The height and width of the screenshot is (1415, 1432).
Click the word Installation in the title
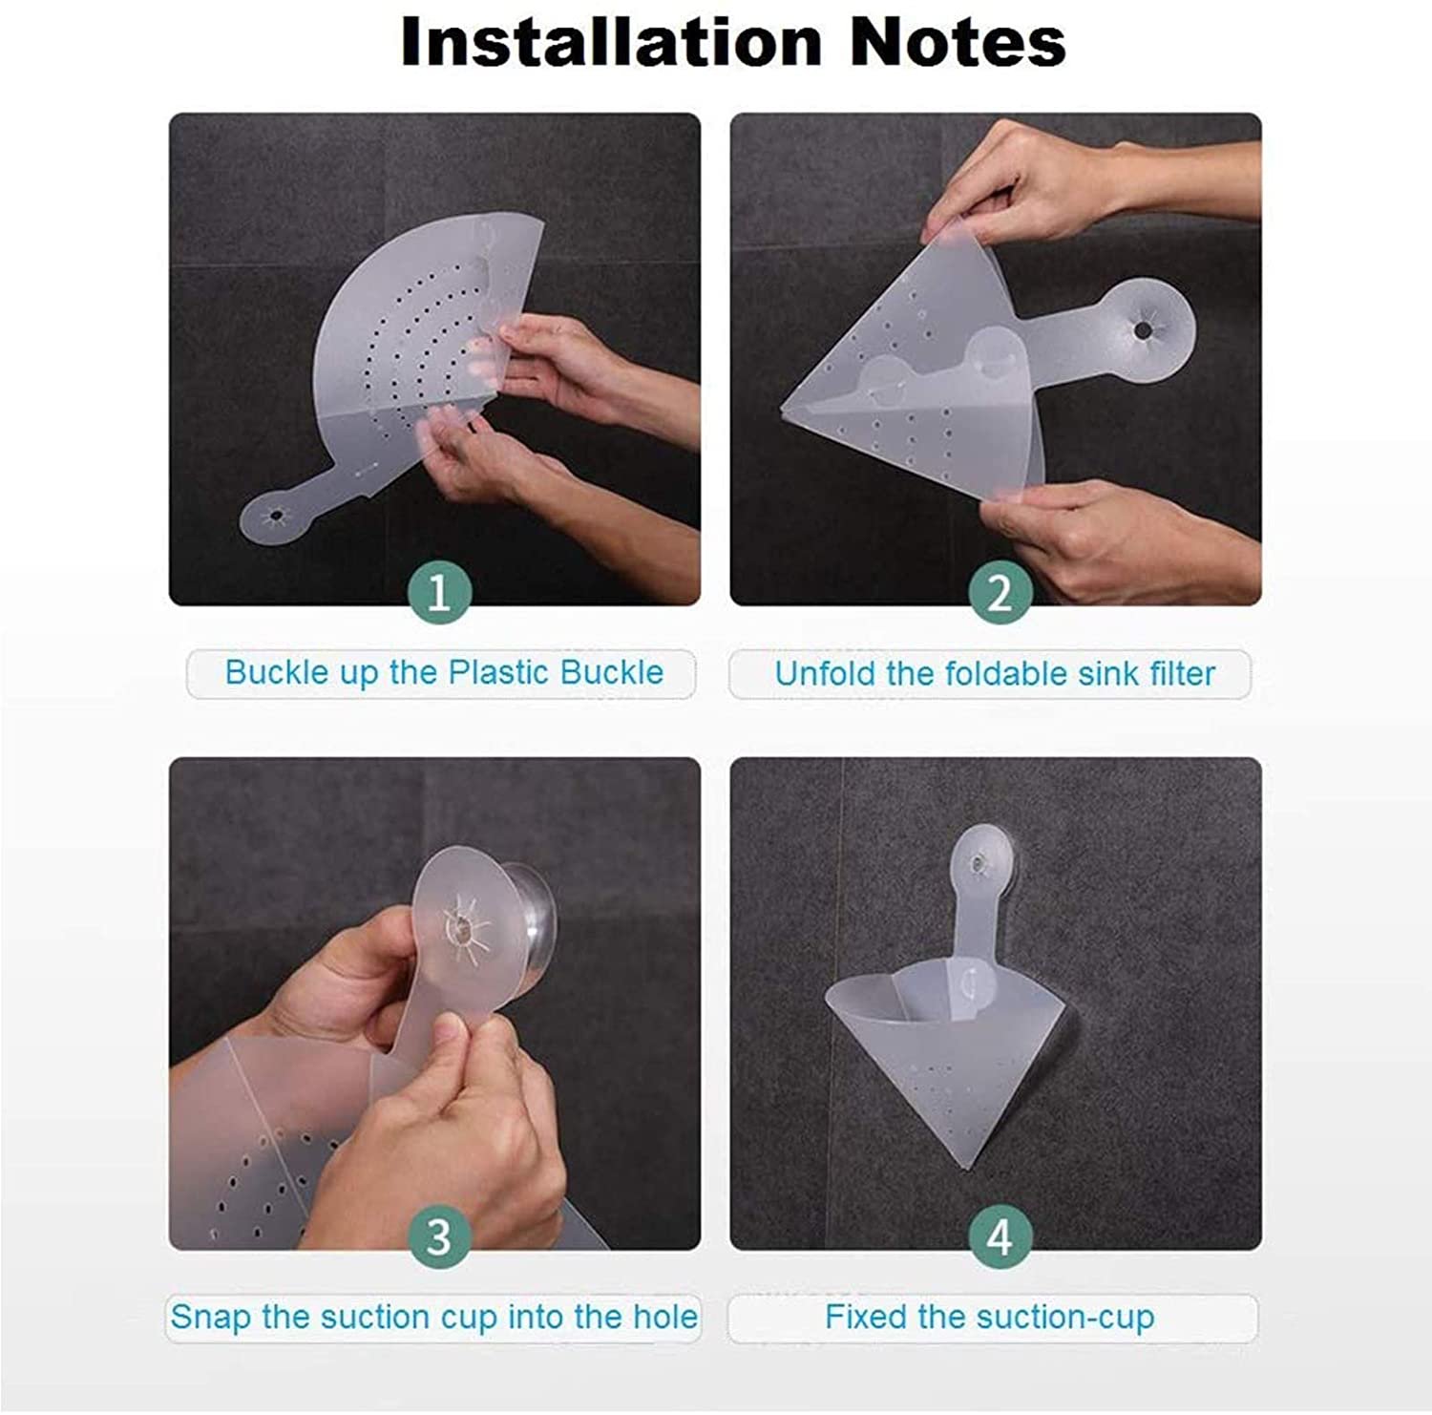tap(611, 42)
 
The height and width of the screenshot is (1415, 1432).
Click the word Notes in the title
tap(958, 42)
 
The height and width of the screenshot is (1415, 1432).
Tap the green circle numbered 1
tap(438, 592)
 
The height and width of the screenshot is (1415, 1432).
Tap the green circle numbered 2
tap(1000, 592)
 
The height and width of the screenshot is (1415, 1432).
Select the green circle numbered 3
tap(438, 1237)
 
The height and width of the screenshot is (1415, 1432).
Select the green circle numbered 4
tap(1000, 1237)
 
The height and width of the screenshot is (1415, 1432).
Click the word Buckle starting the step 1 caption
tap(263, 672)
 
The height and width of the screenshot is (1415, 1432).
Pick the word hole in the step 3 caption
tap(664, 1317)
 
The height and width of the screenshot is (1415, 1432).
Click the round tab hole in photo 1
tap(276, 516)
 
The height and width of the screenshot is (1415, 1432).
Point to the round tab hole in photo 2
tap(1142, 330)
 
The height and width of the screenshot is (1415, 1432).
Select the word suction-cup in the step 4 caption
tap(1069, 1319)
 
